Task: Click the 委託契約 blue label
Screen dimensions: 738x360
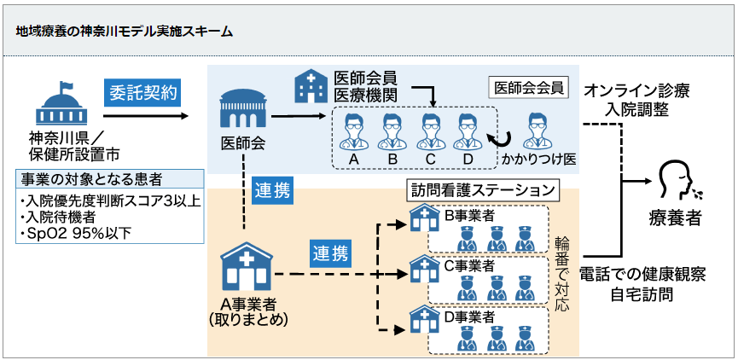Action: [143, 93]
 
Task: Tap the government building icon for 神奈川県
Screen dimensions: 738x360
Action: [61, 103]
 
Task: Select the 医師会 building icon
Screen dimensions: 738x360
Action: [242, 108]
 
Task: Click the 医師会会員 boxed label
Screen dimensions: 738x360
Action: [529, 89]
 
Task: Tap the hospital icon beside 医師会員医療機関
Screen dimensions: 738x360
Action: [311, 85]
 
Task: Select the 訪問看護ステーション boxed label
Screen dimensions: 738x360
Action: [483, 190]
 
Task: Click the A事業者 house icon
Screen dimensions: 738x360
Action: [247, 267]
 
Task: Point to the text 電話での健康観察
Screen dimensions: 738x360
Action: [642, 275]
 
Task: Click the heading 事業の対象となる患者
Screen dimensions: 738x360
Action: [92, 179]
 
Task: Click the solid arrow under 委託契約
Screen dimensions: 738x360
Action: [145, 116]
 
